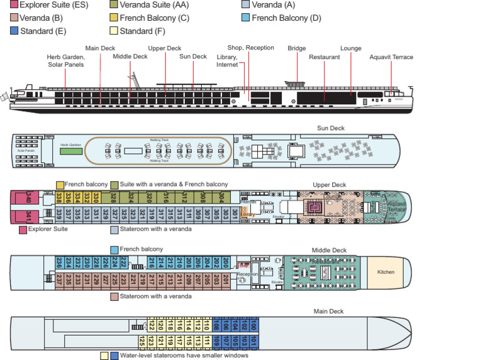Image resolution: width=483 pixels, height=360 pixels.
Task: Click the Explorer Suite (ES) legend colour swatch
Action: (x=5, y=5)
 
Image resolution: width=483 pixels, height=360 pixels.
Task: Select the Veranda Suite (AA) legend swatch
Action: (x=114, y=5)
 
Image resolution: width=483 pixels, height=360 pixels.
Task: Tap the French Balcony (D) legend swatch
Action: (x=246, y=18)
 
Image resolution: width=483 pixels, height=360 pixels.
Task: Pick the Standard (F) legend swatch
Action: (x=114, y=31)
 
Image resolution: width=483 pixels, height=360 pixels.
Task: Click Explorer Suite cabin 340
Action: (x=29, y=199)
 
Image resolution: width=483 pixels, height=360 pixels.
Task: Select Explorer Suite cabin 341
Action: (x=29, y=217)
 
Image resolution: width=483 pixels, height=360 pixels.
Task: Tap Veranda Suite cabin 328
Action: (x=114, y=197)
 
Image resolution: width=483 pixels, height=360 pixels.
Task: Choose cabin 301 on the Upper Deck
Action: (x=235, y=214)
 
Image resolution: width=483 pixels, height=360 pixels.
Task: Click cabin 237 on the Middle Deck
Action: (x=59, y=278)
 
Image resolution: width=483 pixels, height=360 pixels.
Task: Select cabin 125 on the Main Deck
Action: (x=142, y=342)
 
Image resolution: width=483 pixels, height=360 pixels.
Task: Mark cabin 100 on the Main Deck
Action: (x=253, y=325)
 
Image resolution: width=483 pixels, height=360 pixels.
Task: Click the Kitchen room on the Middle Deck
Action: (x=386, y=272)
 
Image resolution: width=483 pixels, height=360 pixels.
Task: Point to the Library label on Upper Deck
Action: (x=248, y=214)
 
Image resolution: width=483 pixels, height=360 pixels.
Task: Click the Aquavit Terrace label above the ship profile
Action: (x=391, y=57)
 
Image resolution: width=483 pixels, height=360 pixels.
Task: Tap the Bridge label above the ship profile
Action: (x=297, y=48)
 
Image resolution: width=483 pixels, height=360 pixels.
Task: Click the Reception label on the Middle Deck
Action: (x=248, y=274)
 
